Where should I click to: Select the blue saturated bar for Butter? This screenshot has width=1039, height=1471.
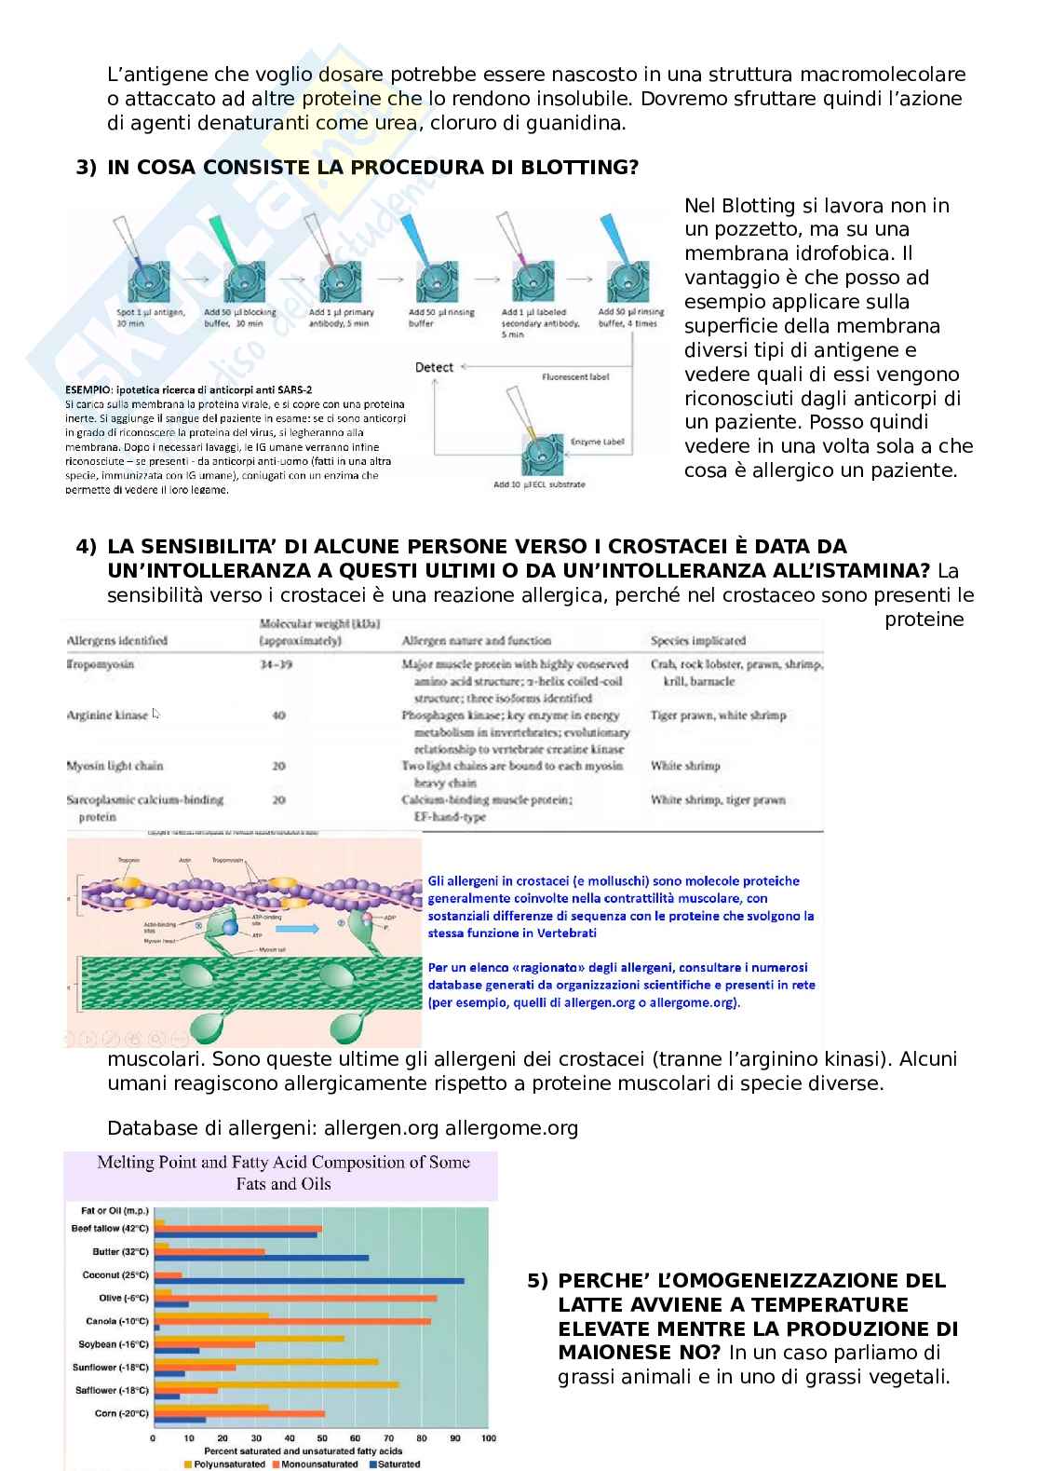click(x=262, y=1258)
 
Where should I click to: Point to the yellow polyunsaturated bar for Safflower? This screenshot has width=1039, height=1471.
click(x=277, y=1384)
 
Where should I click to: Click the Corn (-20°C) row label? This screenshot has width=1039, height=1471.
click(x=121, y=1413)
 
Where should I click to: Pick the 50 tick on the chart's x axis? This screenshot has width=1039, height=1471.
click(x=322, y=1438)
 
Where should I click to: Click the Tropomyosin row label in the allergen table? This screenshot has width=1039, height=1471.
click(x=101, y=664)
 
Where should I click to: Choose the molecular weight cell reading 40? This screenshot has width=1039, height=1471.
click(x=278, y=715)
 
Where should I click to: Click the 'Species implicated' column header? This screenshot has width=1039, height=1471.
click(x=698, y=640)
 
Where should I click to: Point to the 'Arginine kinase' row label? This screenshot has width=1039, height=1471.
click(x=107, y=715)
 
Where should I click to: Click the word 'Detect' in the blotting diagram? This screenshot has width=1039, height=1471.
click(x=434, y=367)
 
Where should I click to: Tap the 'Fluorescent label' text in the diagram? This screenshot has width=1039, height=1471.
click(x=575, y=377)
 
